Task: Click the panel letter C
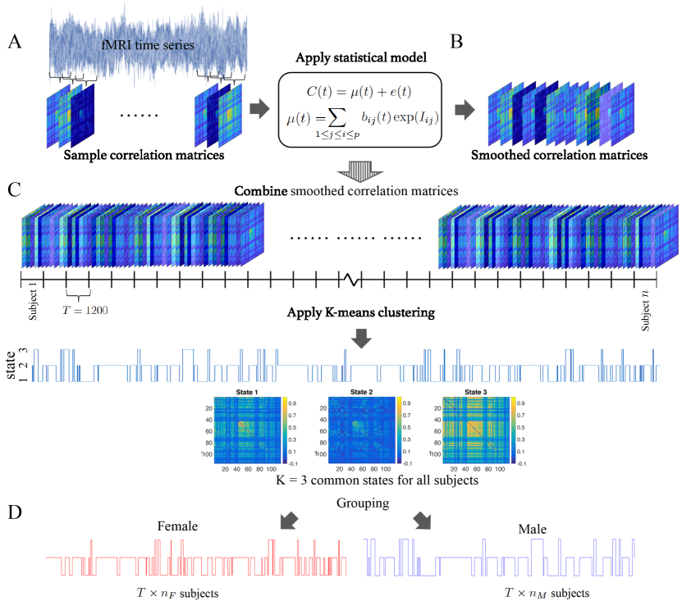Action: click(14, 189)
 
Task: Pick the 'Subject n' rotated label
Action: click(645, 308)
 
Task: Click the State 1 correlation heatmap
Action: click(245, 431)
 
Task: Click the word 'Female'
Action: click(178, 526)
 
